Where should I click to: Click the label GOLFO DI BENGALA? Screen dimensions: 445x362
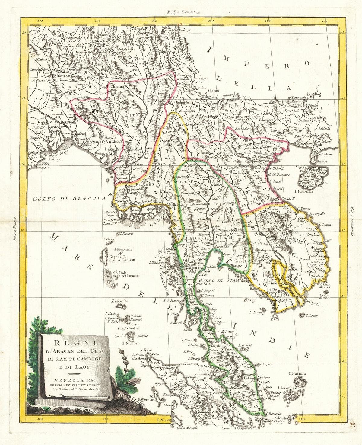[68, 199]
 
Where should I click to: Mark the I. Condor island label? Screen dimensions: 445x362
[312, 316]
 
